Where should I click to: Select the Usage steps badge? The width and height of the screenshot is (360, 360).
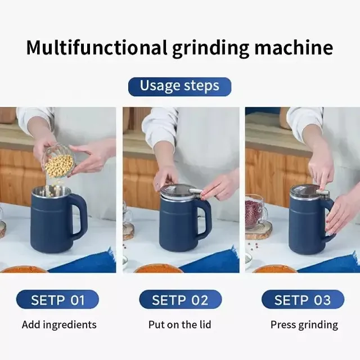179,87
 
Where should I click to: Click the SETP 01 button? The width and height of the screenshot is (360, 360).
57,300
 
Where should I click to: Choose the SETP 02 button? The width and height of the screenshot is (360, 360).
180,300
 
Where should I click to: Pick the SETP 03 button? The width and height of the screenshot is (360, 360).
303,300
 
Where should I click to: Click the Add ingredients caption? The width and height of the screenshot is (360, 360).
59,325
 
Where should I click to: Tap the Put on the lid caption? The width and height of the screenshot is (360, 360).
180,325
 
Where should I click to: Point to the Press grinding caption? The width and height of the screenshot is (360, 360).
304,325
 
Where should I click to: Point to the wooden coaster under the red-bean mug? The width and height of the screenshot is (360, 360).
259,231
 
